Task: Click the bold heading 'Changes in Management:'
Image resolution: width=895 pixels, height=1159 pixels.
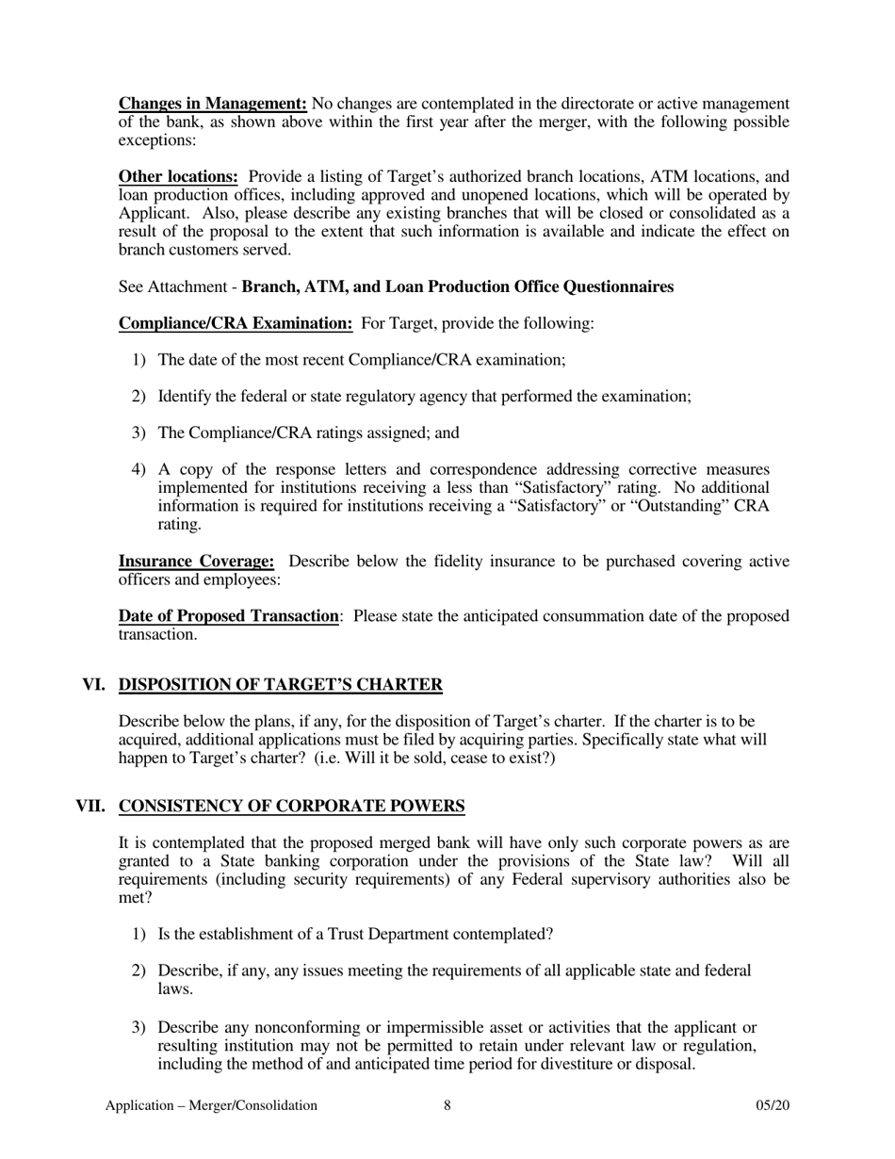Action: [x=212, y=104]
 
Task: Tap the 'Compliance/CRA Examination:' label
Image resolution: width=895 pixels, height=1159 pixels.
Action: [x=236, y=323]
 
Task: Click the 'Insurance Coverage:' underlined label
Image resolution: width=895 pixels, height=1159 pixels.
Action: [x=196, y=562]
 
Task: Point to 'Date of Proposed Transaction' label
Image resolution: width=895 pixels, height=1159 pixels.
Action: [x=228, y=616]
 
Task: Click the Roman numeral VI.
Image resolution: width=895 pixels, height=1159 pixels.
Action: [x=94, y=684]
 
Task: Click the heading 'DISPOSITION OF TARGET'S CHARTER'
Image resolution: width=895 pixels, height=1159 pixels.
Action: [x=280, y=684]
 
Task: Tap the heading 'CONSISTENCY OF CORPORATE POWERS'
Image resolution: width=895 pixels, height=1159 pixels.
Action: [x=291, y=807]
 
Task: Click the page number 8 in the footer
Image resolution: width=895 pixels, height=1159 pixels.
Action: [x=447, y=1105]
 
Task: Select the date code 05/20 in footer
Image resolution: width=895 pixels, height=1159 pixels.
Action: [x=772, y=1105]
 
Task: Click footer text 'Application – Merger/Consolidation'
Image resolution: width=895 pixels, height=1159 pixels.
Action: [x=211, y=1105]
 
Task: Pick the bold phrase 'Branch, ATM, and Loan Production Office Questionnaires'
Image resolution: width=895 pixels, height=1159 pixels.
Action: [x=457, y=286]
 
